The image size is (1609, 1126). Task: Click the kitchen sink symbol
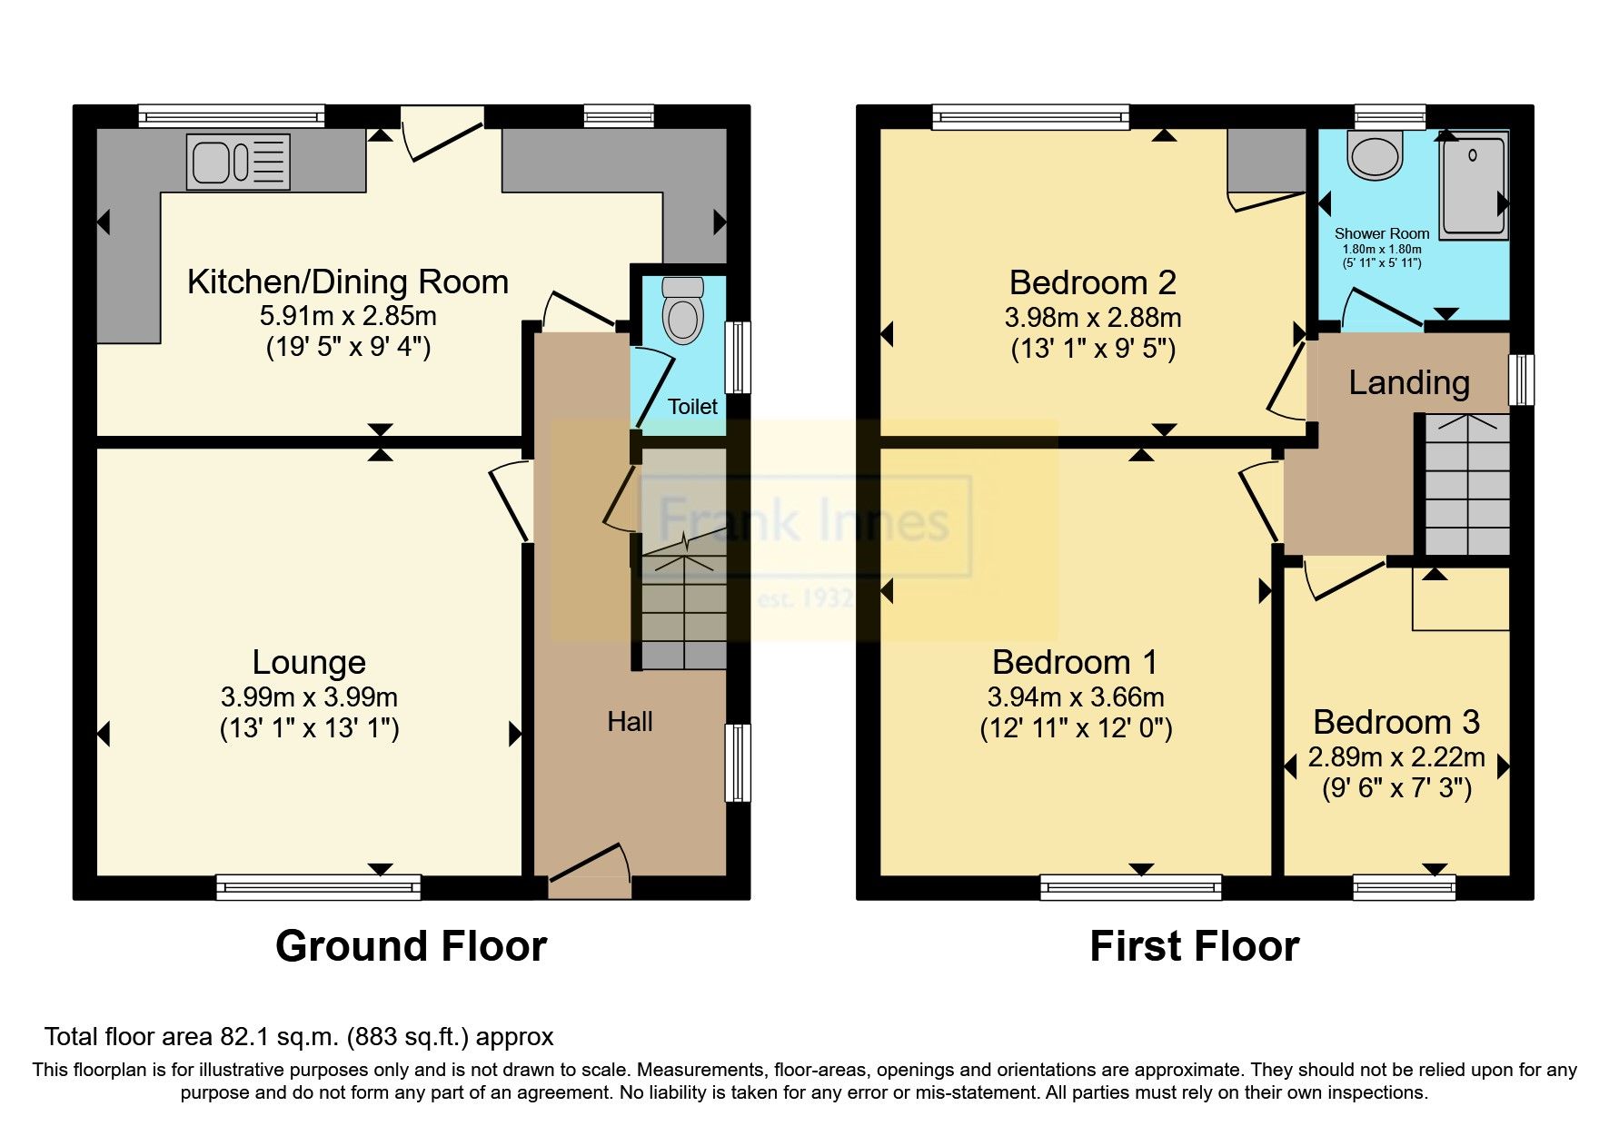(x=238, y=163)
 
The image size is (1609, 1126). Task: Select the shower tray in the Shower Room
(x=1473, y=186)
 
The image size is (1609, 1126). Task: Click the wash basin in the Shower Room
(x=1376, y=155)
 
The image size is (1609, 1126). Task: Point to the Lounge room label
(x=309, y=662)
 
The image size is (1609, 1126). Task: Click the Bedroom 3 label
(x=1396, y=722)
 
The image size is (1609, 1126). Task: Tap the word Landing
(x=1408, y=382)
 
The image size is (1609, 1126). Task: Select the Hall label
(x=630, y=722)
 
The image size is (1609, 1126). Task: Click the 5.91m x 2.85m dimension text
(x=348, y=316)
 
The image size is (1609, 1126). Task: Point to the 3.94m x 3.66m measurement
(x=1076, y=697)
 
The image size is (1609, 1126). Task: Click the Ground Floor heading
(x=411, y=946)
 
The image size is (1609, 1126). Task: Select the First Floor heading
(x=1194, y=946)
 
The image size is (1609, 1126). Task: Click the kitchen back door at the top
(x=442, y=136)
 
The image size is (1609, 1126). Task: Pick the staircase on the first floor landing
(x=1466, y=485)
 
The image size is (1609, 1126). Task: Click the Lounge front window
(x=318, y=886)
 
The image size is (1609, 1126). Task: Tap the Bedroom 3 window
(x=1404, y=886)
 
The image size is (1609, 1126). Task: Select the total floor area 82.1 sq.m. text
(x=299, y=1036)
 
